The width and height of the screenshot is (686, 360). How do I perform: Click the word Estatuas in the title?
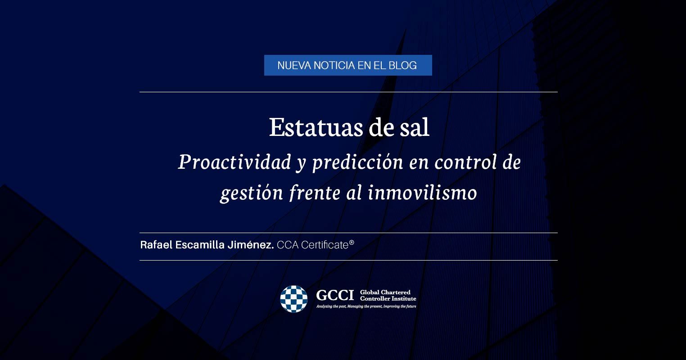[x=316, y=127]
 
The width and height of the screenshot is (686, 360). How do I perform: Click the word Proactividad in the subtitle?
[x=235, y=162]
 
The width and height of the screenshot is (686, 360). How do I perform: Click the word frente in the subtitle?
[x=315, y=193]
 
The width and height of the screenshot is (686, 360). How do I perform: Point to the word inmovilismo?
[x=422, y=193]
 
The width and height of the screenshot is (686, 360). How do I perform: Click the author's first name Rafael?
[x=156, y=245]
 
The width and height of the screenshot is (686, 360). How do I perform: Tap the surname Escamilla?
[x=200, y=245]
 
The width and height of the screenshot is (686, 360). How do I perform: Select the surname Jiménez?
[x=251, y=245]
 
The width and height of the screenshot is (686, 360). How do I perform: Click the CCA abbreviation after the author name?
[x=288, y=245]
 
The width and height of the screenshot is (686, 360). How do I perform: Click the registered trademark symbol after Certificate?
[x=352, y=243]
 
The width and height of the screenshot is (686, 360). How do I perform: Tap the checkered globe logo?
[x=293, y=299]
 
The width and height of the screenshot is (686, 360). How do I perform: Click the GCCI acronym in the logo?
[x=335, y=295]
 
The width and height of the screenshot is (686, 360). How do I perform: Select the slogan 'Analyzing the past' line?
[x=366, y=306]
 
